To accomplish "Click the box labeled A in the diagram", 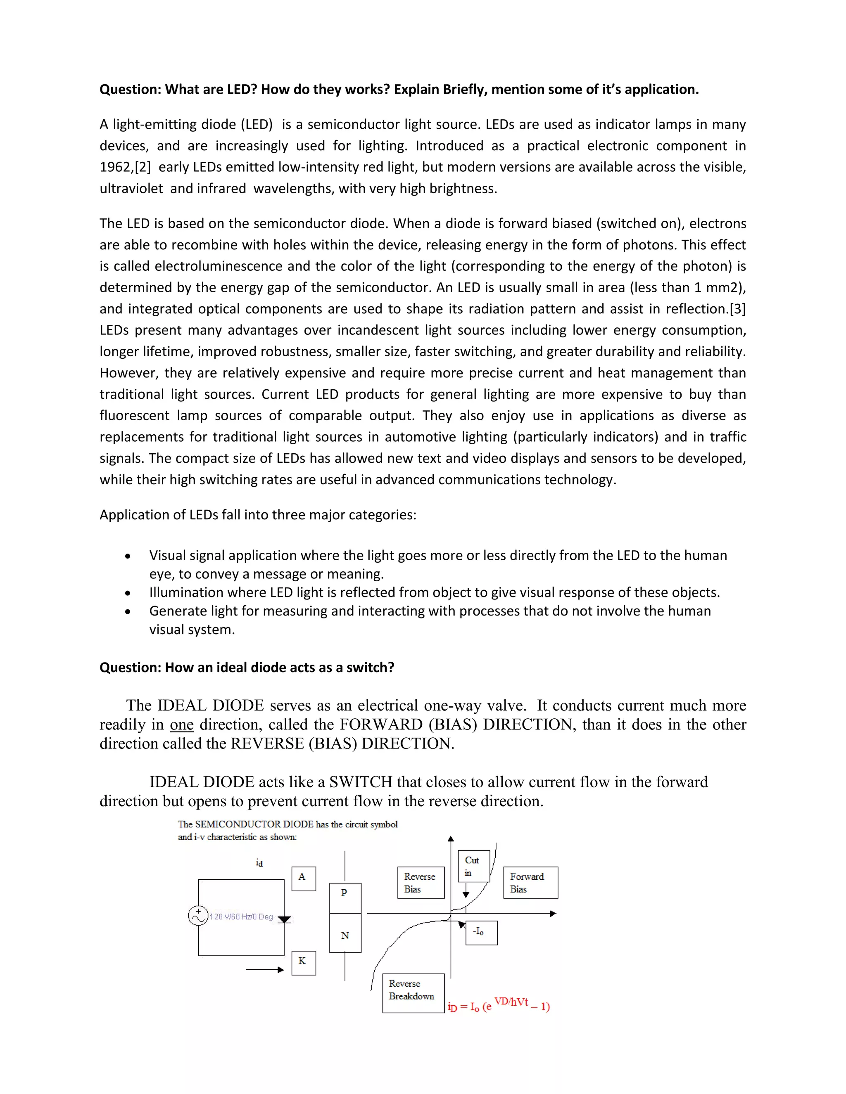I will click(x=303, y=879).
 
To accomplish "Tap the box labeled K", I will click(x=303, y=963).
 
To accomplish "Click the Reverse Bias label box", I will click(x=421, y=883).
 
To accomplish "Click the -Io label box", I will click(x=481, y=933).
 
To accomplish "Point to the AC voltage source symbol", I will click(x=198, y=916).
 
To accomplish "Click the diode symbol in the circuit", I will click(x=284, y=920).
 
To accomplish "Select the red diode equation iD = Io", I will click(x=499, y=1005).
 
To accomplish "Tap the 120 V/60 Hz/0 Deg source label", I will click(x=241, y=916).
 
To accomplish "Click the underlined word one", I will click(x=181, y=725).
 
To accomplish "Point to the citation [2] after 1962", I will click(x=143, y=167).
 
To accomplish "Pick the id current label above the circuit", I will click(x=259, y=862).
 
